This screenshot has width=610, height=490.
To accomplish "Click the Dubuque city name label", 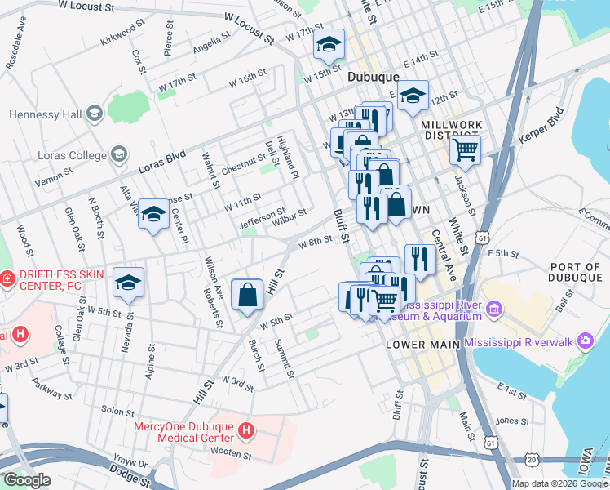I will pyautogui.click(x=373, y=76).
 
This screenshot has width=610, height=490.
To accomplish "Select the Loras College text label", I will pyautogui.click(x=72, y=154).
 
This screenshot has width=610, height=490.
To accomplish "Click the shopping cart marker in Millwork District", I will pyautogui.click(x=464, y=149).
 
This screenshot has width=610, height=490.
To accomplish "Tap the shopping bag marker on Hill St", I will pyautogui.click(x=247, y=295).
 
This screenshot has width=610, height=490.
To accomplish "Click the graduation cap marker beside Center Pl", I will pyautogui.click(x=152, y=215).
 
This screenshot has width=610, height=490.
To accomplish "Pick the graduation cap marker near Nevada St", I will pyautogui.click(x=128, y=283).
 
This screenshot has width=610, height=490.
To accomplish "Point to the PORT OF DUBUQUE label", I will pyautogui.click(x=575, y=273).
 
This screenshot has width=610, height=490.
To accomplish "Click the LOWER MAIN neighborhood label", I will pyautogui.click(x=417, y=345).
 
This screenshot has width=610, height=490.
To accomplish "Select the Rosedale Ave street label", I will pyautogui.click(x=15, y=51).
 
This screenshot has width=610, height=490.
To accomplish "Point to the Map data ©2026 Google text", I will pyautogui.click(x=559, y=483).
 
